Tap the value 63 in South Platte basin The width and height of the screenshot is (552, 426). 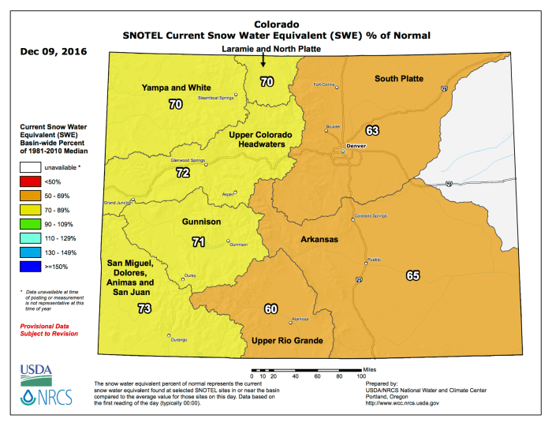373,129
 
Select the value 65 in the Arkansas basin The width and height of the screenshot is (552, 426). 412,275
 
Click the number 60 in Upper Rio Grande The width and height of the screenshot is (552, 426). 270,308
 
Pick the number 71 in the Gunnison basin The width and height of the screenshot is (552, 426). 199,241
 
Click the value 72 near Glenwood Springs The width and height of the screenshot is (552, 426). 183,172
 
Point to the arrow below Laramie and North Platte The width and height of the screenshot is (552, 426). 264,63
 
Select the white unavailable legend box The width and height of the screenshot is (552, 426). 32,166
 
